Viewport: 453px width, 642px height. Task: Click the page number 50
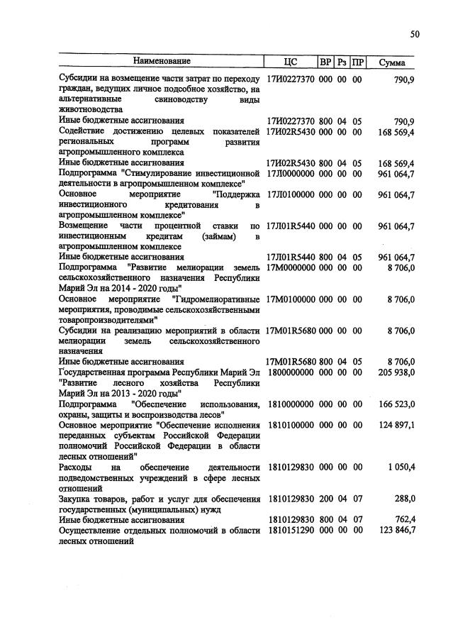pos(415,33)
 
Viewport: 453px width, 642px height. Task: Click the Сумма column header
pos(391,62)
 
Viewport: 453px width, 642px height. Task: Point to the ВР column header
pos(325,62)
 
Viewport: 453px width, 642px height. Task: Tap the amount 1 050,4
pos(400,467)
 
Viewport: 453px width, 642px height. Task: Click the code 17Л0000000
pos(290,173)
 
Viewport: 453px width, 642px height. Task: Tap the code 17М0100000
pos(290,299)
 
